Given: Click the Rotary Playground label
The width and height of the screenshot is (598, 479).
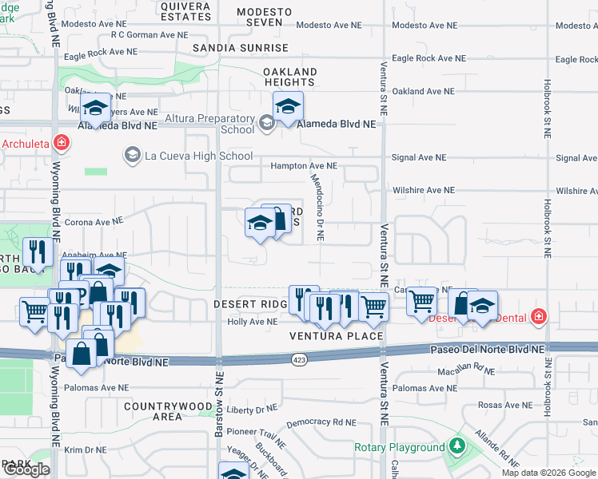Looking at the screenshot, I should click(x=399, y=447).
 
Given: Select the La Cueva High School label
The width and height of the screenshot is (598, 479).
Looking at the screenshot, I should click(x=198, y=156).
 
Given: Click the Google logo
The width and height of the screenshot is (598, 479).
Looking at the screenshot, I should click(x=26, y=469).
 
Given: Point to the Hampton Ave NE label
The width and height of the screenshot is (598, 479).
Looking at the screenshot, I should click(x=305, y=166).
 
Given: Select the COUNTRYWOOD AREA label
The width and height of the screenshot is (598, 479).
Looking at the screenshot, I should click(x=167, y=411).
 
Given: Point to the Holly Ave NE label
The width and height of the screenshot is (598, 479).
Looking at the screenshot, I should click(x=253, y=322).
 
